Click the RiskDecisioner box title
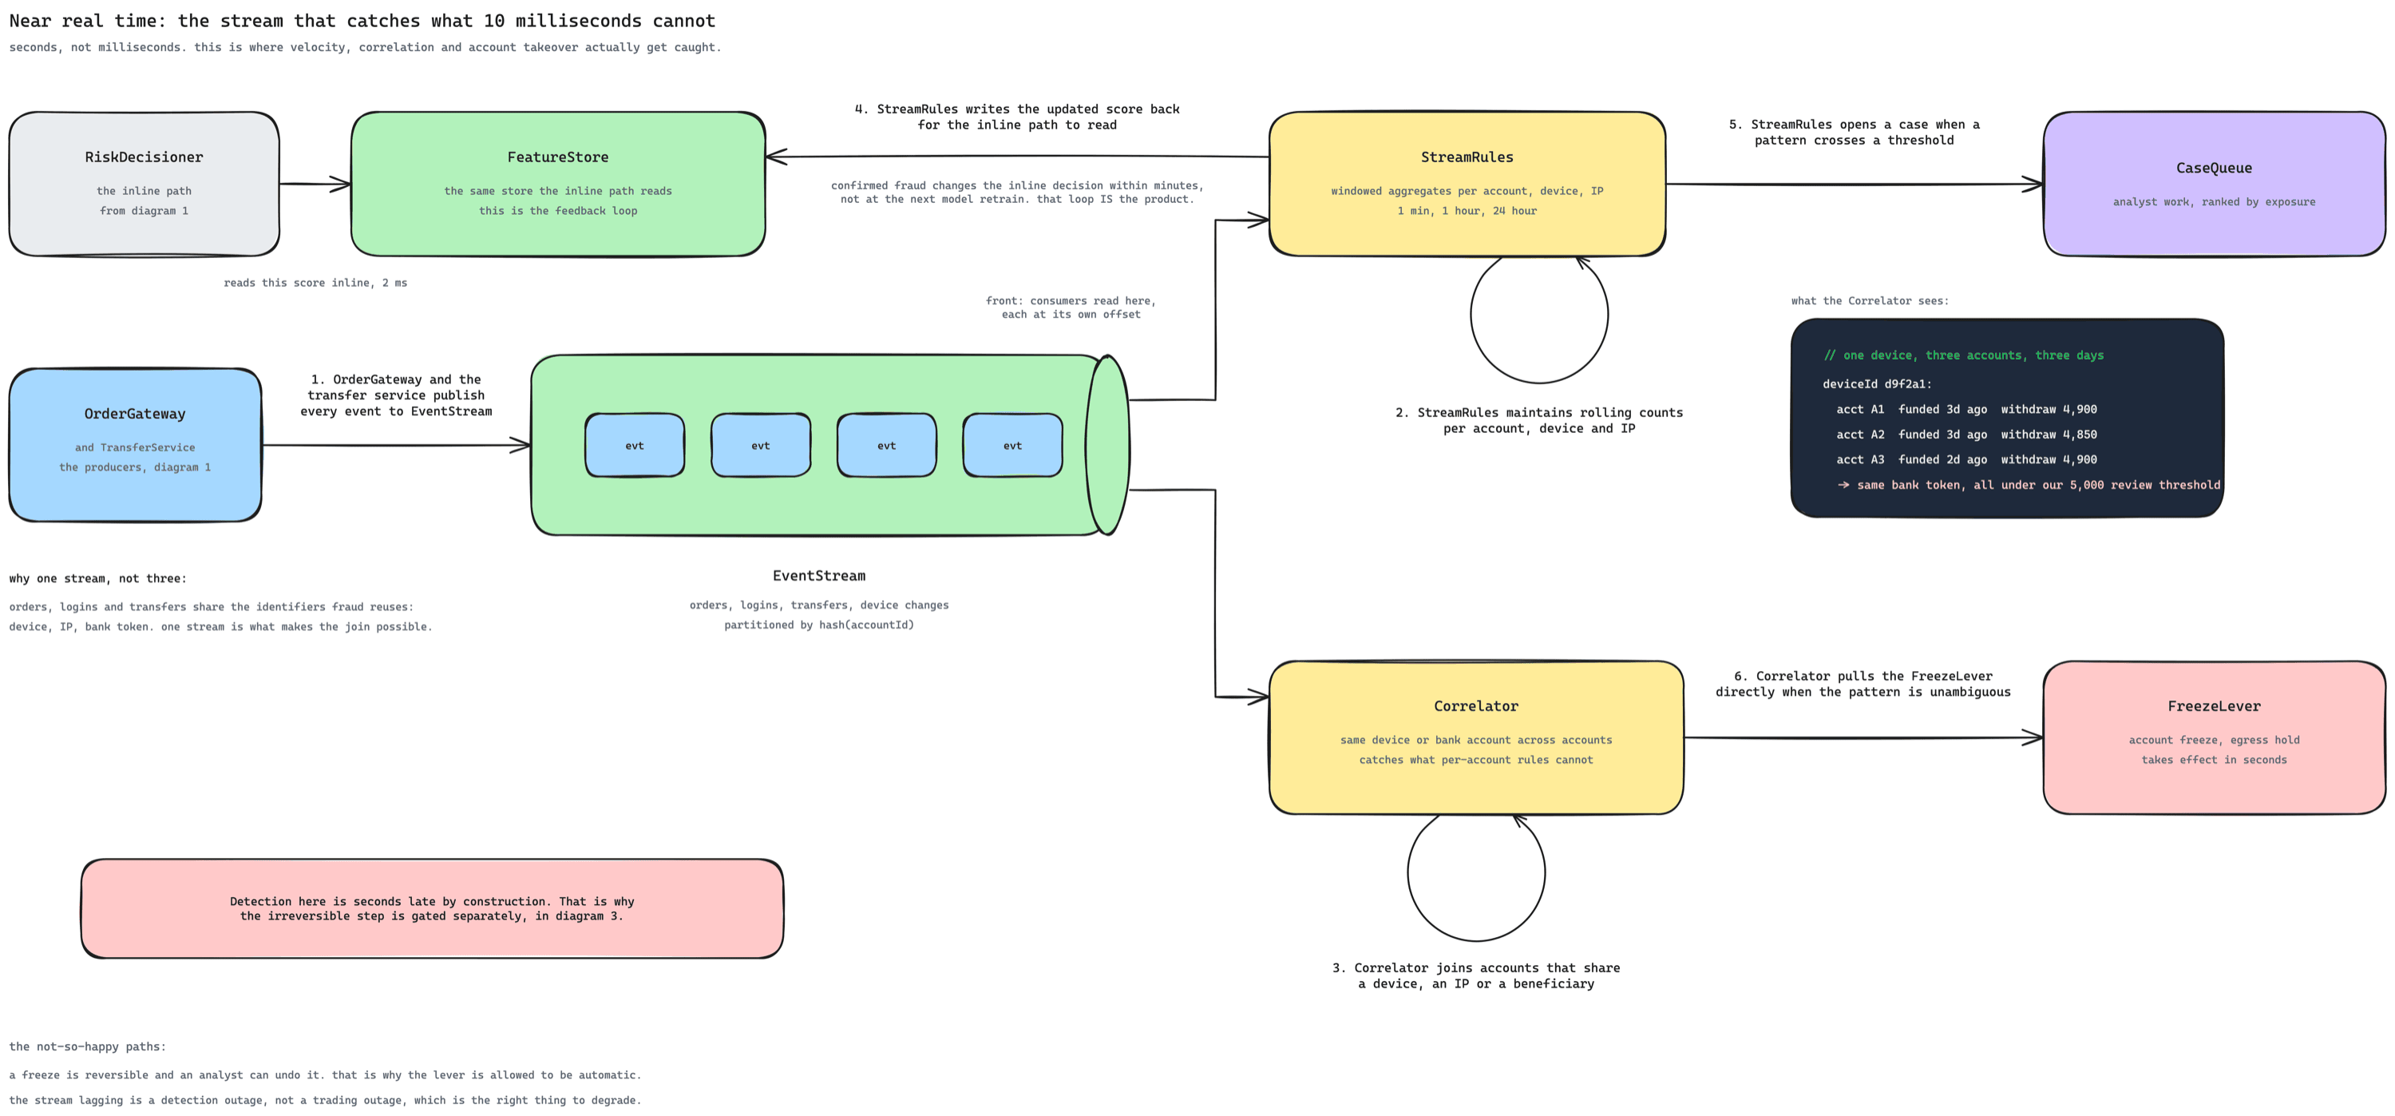[144, 157]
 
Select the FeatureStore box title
[558, 157]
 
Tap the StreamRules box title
[1467, 157]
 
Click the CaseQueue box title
[2214, 169]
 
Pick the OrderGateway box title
[135, 414]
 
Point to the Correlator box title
[1476, 706]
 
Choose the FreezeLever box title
[2214, 706]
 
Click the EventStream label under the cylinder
[819, 576]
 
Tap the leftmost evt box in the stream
[635, 446]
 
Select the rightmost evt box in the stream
[1012, 446]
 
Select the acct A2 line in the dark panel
[1966, 435]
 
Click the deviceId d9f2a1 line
[1877, 384]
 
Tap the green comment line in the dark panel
[1964, 355]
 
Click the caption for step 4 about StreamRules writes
[1017, 117]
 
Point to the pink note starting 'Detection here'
[433, 908]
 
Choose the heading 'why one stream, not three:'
[97, 578]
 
